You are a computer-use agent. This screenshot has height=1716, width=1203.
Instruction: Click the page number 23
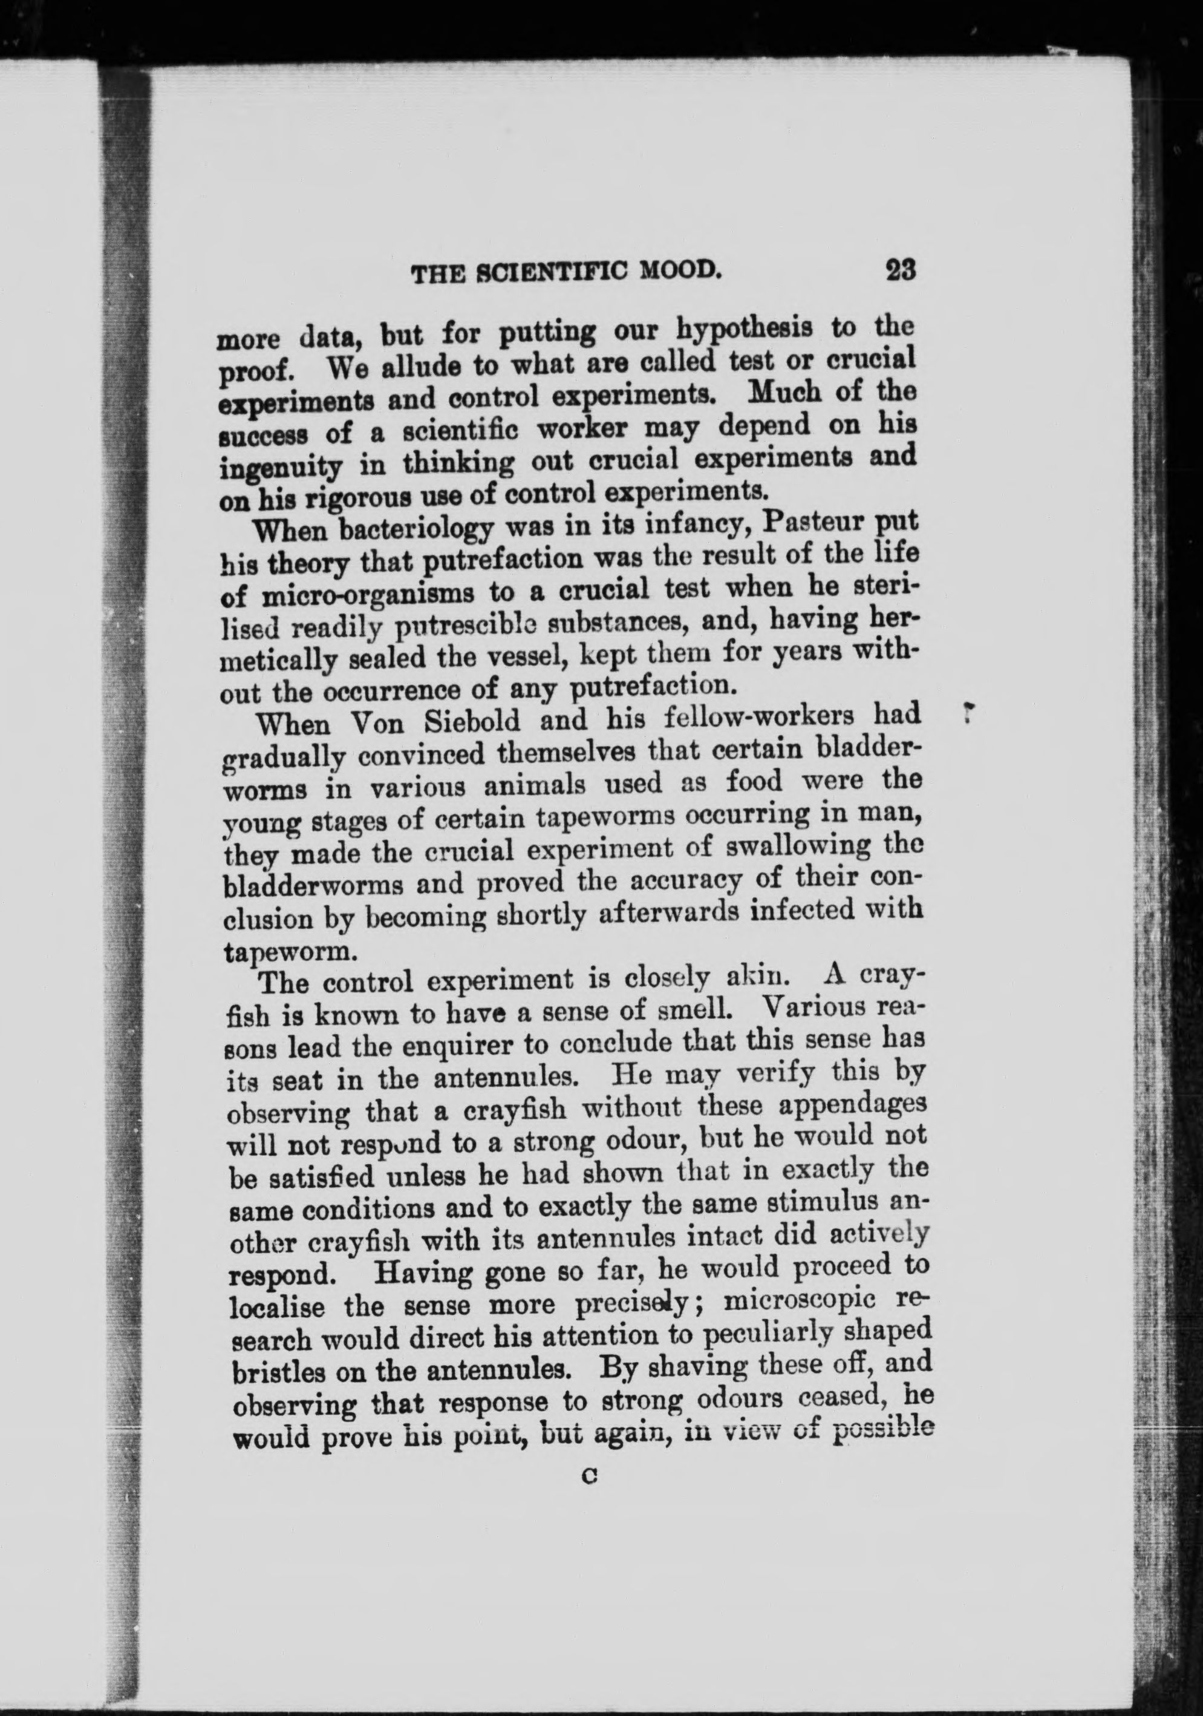pyautogui.click(x=899, y=270)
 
